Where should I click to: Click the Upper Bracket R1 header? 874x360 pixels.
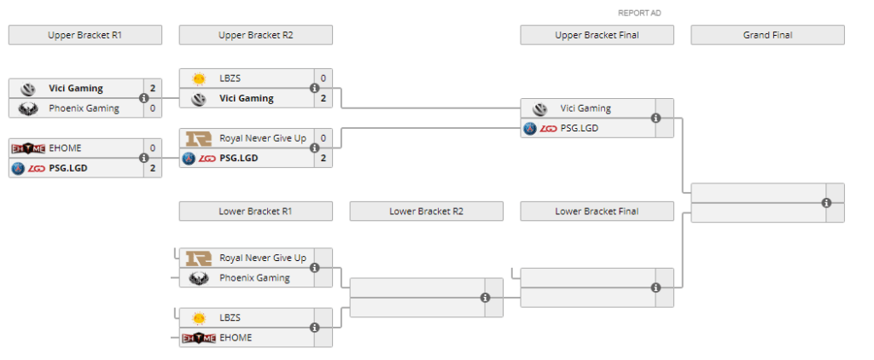pos(84,35)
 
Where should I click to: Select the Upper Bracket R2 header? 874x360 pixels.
pos(255,35)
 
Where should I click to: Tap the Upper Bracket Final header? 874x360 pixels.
pos(597,35)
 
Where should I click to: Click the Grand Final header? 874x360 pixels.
pos(767,35)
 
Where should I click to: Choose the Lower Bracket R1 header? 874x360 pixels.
pos(255,211)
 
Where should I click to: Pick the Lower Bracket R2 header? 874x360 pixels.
pos(426,211)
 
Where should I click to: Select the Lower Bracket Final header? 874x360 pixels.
pos(597,211)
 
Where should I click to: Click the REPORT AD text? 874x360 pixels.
pos(639,13)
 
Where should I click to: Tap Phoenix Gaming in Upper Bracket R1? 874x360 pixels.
pos(84,108)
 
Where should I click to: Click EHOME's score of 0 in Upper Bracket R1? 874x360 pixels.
pos(152,148)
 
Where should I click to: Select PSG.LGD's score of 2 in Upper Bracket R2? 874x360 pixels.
pos(323,158)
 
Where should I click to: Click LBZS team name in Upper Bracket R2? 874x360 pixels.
pos(230,78)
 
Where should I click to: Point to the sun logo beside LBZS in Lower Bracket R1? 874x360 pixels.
pos(199,317)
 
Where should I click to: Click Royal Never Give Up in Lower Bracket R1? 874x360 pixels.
pos(262,258)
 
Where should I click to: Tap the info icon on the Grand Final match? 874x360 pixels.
pos(826,203)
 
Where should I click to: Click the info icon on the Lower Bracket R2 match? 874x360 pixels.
pos(485,298)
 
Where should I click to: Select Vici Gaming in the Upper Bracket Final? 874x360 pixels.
pos(585,108)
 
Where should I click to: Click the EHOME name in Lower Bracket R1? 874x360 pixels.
pos(235,338)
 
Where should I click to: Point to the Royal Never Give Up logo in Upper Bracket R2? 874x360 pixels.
pos(199,138)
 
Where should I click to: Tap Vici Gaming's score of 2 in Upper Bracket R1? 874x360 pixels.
pos(152,88)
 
